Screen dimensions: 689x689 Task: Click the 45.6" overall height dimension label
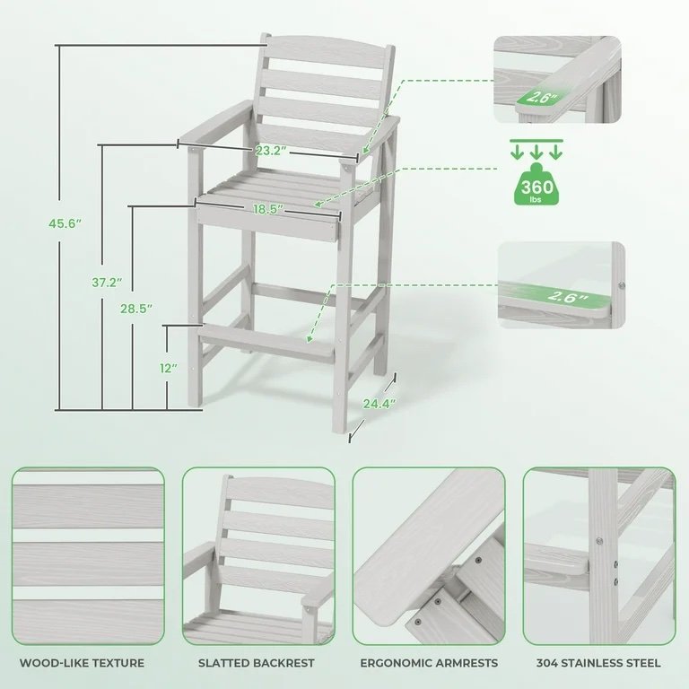(x=65, y=223)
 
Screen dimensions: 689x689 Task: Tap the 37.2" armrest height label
(x=107, y=282)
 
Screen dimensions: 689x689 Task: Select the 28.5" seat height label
(x=136, y=309)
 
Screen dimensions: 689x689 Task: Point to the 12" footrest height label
(x=169, y=368)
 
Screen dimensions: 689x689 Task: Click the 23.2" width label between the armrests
(x=271, y=151)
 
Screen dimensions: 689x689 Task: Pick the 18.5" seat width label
(x=268, y=209)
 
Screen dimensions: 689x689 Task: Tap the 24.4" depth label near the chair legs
(x=379, y=404)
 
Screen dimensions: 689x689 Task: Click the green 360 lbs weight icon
(x=536, y=184)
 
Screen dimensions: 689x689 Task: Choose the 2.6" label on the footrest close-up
(x=568, y=297)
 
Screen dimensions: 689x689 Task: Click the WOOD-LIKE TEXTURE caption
(x=83, y=663)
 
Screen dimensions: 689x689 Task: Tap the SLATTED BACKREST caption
(x=257, y=663)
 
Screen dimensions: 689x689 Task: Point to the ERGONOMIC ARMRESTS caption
(x=429, y=663)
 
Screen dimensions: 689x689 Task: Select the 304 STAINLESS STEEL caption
(x=598, y=663)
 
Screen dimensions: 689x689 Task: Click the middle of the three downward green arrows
(x=536, y=152)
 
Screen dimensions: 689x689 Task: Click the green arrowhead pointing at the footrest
(x=310, y=338)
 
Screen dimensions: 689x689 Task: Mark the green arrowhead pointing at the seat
(x=318, y=203)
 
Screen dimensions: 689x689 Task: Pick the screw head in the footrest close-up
(x=622, y=285)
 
